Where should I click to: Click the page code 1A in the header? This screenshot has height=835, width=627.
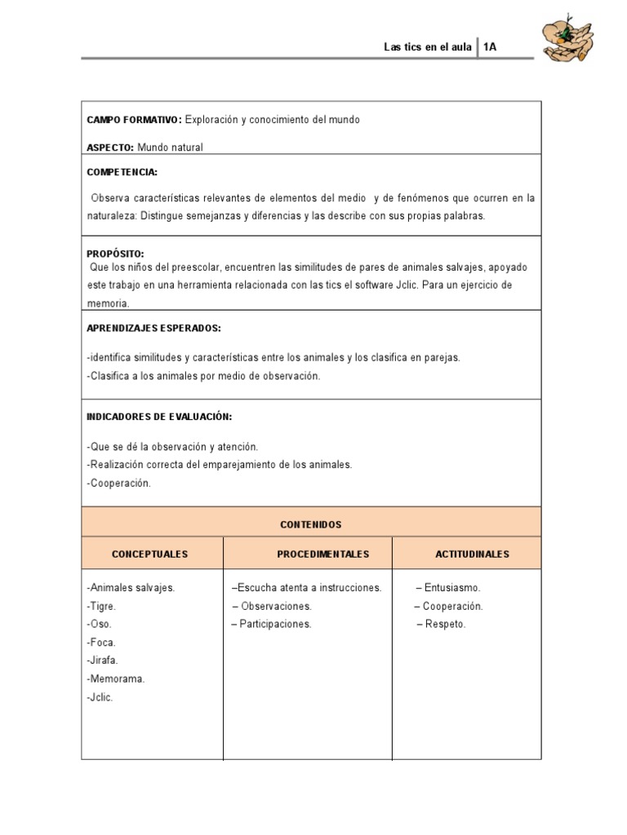[x=490, y=47]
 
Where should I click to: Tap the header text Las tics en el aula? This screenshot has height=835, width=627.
[x=428, y=47]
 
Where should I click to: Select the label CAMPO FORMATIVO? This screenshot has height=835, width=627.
[x=134, y=120]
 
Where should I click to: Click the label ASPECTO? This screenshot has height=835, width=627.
[x=110, y=148]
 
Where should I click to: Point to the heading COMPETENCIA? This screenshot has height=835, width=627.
[x=122, y=173]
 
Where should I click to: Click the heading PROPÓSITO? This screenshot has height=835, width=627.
[x=115, y=254]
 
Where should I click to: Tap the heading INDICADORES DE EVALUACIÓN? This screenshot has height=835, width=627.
[x=159, y=417]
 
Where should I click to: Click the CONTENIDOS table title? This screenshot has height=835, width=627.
[x=310, y=524]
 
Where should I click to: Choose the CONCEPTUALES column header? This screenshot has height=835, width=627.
[x=150, y=554]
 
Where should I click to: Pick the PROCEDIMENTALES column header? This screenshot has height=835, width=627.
[x=323, y=554]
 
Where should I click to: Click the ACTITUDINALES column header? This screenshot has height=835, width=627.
[x=473, y=554]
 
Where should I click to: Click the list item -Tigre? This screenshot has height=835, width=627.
[x=101, y=606]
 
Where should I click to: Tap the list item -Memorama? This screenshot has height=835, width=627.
[x=115, y=678]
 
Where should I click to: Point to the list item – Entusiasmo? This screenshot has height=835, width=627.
[x=448, y=588]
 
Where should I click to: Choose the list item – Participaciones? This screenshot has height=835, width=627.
[x=272, y=624]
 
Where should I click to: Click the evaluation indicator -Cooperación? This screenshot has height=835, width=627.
[x=118, y=483]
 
